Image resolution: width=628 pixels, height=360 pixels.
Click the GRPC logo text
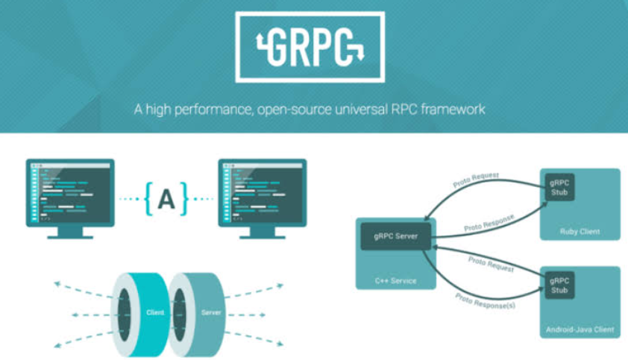[310, 47]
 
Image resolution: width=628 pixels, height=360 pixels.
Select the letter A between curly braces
[166, 199]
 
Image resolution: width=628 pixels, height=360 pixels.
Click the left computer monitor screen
[70, 192]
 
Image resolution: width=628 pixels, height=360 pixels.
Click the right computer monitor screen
[263, 192]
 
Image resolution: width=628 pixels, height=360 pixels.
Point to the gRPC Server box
[396, 236]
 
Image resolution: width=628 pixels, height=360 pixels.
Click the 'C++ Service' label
[396, 281]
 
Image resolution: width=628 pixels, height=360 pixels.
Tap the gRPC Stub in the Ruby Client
[559, 187]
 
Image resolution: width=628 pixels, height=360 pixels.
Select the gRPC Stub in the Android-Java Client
[559, 285]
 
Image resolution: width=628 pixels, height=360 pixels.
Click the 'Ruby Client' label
[580, 232]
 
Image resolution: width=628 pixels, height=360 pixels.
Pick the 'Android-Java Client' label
[580, 329]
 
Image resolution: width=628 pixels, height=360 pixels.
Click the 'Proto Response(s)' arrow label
[485, 301]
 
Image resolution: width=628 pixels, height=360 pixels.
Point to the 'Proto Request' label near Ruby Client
[476, 180]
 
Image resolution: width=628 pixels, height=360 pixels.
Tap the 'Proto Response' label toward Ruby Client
[489, 223]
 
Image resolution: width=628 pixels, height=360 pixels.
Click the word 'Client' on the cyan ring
[155, 312]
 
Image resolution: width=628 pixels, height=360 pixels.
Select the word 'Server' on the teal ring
[211, 312]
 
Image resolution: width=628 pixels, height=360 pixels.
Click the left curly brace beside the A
[149, 198]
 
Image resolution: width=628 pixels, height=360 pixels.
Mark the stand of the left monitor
[70, 233]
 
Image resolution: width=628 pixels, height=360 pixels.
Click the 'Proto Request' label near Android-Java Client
[491, 265]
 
